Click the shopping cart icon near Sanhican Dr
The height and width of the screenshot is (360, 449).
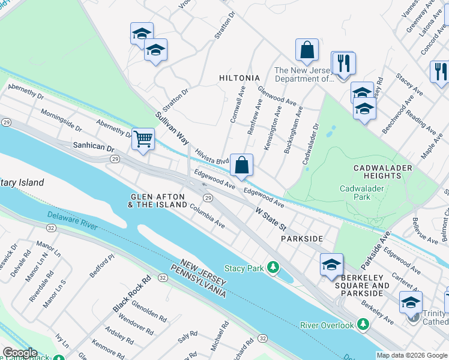(x=143, y=139)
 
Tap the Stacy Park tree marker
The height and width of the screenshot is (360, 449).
(x=273, y=267)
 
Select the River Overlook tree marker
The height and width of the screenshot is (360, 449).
(x=363, y=325)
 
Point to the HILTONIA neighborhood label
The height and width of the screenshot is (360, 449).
(x=240, y=78)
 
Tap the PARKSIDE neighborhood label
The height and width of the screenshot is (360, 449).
(x=302, y=238)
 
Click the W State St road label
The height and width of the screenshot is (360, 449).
(x=271, y=219)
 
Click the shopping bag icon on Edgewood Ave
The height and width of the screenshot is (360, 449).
(x=241, y=165)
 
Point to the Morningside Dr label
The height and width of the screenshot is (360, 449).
(x=61, y=120)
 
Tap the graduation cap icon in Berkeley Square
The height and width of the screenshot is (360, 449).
(x=331, y=265)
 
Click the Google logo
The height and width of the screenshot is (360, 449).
(x=20, y=353)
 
